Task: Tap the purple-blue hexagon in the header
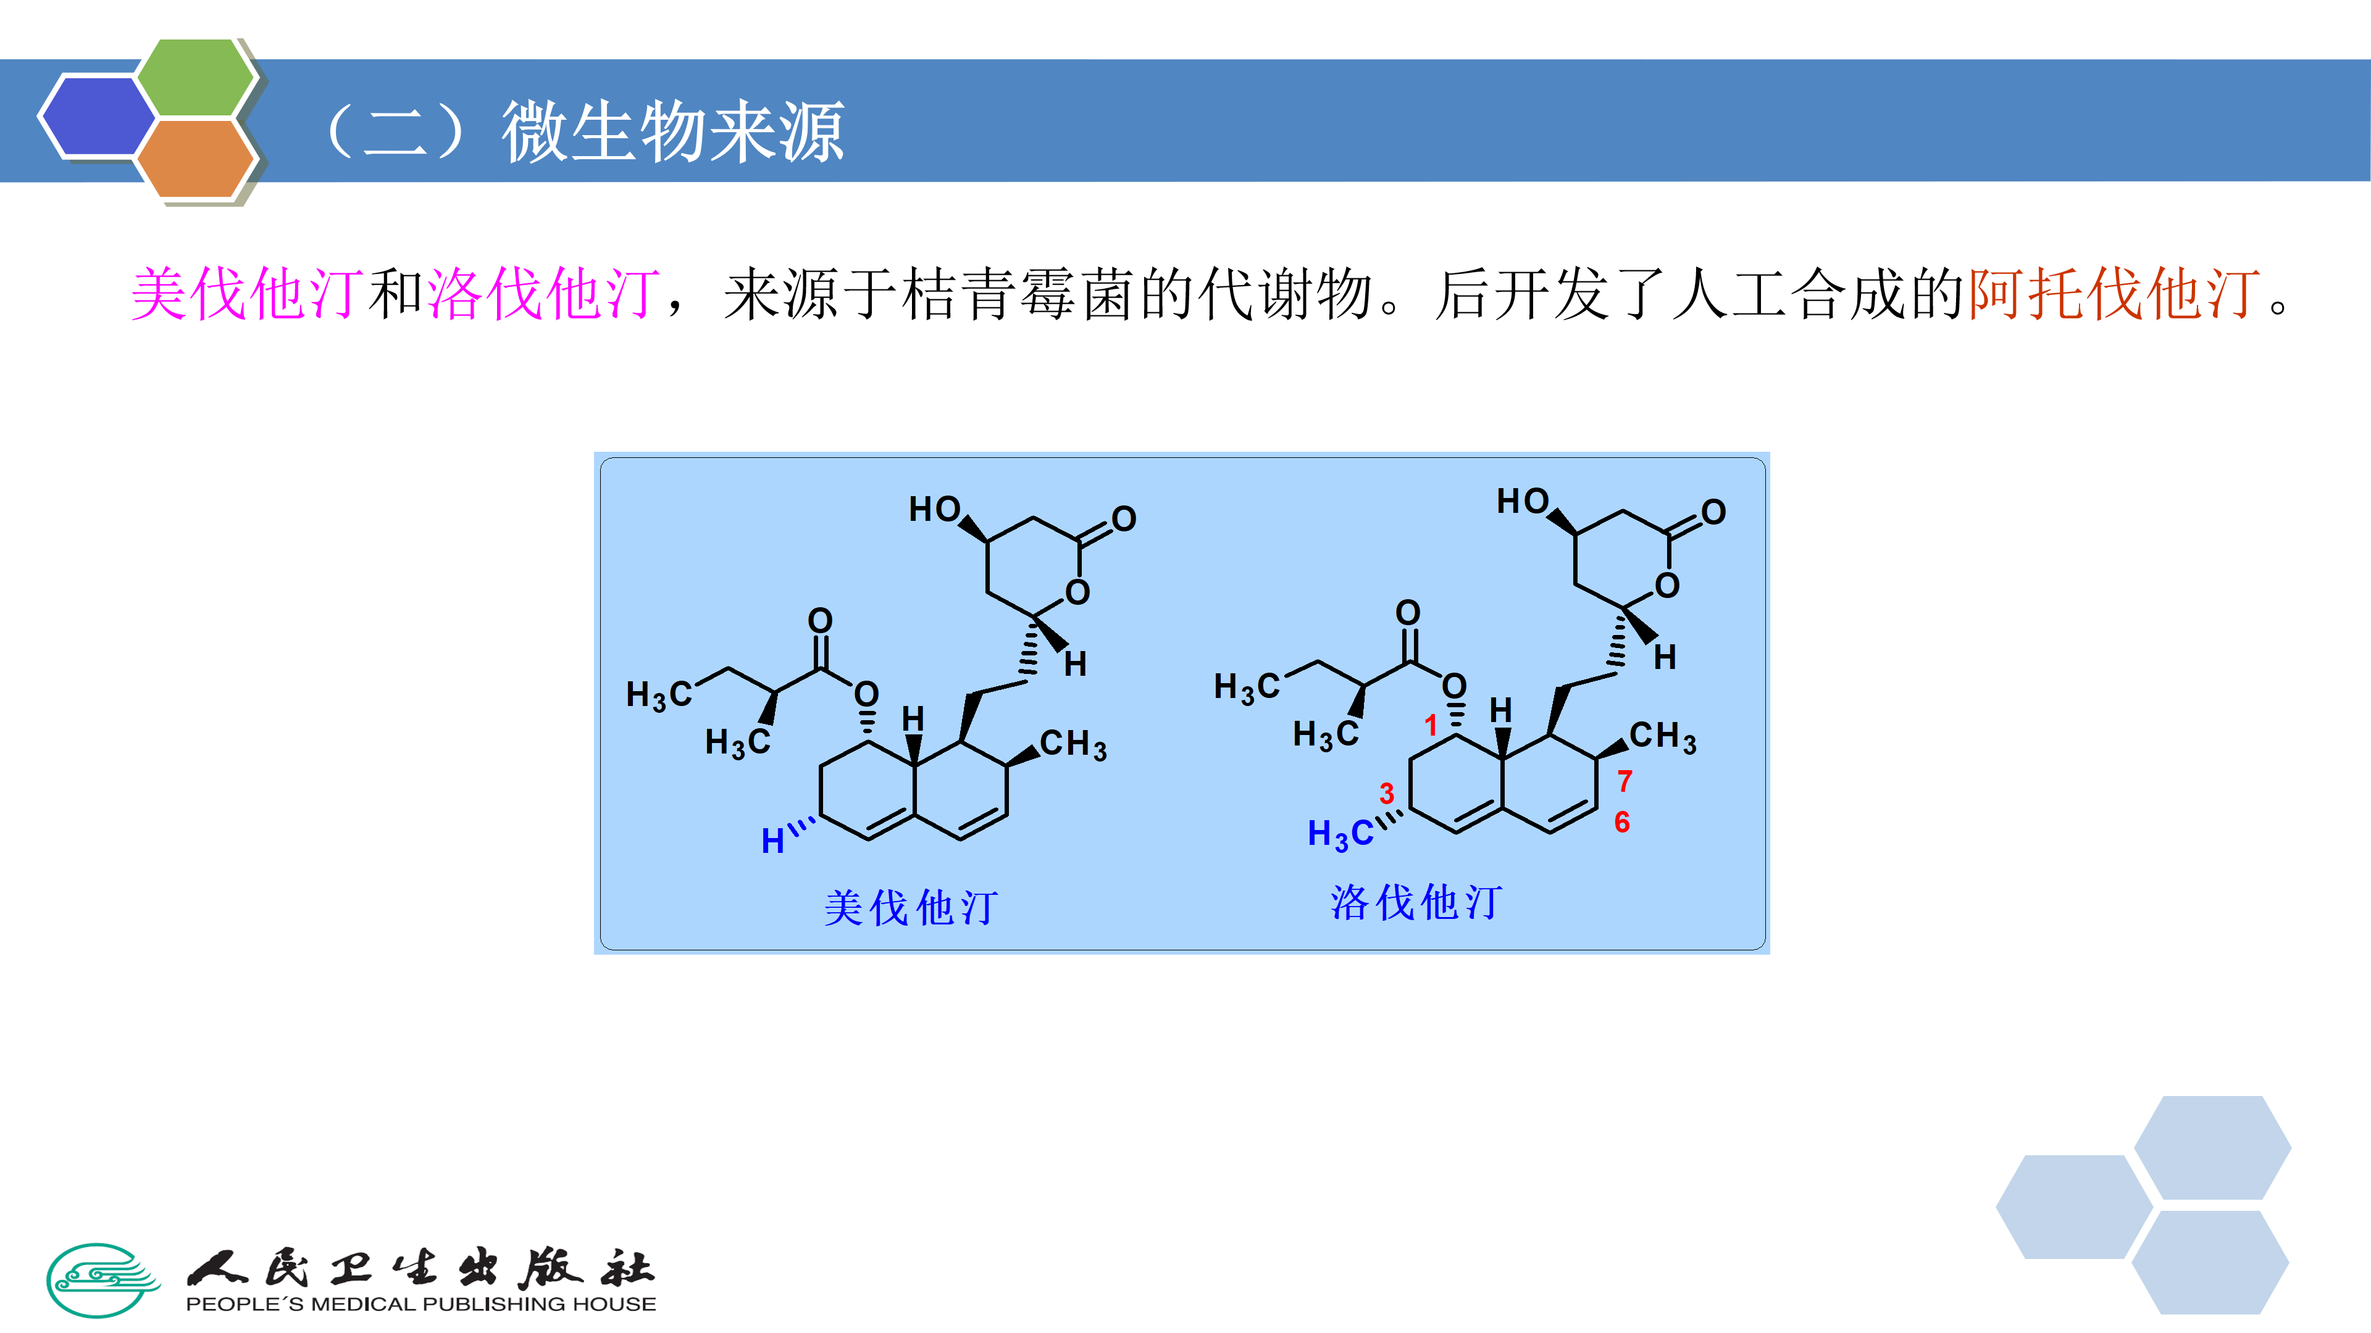97,116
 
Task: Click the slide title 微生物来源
672,131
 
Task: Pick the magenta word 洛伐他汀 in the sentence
543,294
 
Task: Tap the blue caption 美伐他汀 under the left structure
910,908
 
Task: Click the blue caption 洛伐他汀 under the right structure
1416,902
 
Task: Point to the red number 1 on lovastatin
1431,725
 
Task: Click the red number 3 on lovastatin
1386,793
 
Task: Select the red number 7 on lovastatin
1625,781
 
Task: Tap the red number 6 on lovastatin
1622,823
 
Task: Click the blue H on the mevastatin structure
772,841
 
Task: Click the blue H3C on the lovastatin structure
1340,834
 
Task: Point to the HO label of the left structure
934,509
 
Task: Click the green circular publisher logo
102,1280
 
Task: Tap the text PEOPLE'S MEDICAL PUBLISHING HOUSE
420,1305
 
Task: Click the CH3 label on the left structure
1073,744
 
